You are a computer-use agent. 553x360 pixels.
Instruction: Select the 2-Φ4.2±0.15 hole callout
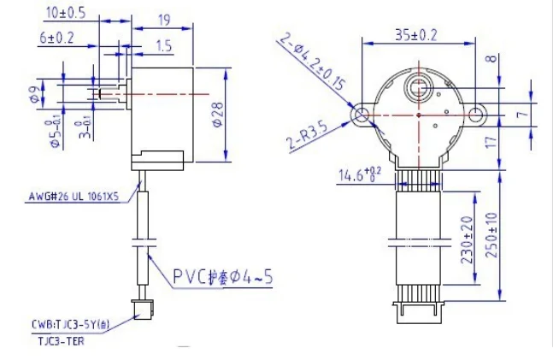point(311,64)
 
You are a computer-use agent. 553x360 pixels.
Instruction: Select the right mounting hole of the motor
point(476,114)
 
